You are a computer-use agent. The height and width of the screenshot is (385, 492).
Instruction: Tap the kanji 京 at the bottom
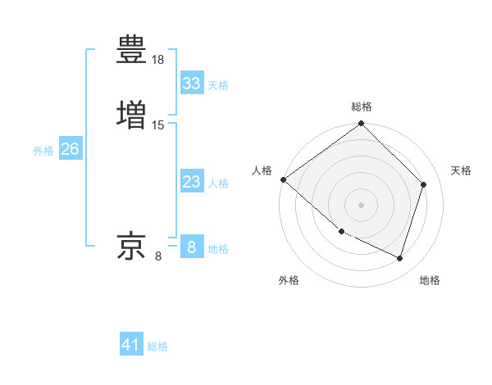pos(131,245)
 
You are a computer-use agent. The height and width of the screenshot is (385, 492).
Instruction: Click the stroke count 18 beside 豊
pos(158,61)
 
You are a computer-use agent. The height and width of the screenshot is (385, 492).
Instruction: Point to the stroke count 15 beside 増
pos(158,125)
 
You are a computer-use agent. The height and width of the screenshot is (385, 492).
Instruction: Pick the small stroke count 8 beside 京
pos(158,256)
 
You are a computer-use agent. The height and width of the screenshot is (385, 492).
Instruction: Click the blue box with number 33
pos(192,84)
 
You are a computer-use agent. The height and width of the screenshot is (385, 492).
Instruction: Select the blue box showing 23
pos(192,182)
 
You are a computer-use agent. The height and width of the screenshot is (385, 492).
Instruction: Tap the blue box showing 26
pos(71,149)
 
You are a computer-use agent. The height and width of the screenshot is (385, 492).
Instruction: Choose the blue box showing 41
pos(131,345)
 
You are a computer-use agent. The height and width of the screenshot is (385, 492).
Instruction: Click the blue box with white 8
pos(192,247)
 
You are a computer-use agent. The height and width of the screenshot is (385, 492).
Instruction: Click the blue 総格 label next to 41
pos(157,346)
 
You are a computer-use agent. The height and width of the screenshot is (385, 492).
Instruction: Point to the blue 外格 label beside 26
pos(43,151)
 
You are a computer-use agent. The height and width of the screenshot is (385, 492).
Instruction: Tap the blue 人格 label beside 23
pos(219,183)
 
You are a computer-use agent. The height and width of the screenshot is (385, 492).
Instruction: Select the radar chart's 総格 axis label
pos(362,106)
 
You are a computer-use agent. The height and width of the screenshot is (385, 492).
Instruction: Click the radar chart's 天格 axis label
pos(462,170)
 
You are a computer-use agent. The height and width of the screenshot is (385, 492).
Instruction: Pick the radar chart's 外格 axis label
pos(289,281)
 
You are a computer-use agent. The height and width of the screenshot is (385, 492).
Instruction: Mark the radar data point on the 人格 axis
pos(283,179)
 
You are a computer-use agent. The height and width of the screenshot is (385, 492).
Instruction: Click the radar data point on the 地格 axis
pos(400,259)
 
